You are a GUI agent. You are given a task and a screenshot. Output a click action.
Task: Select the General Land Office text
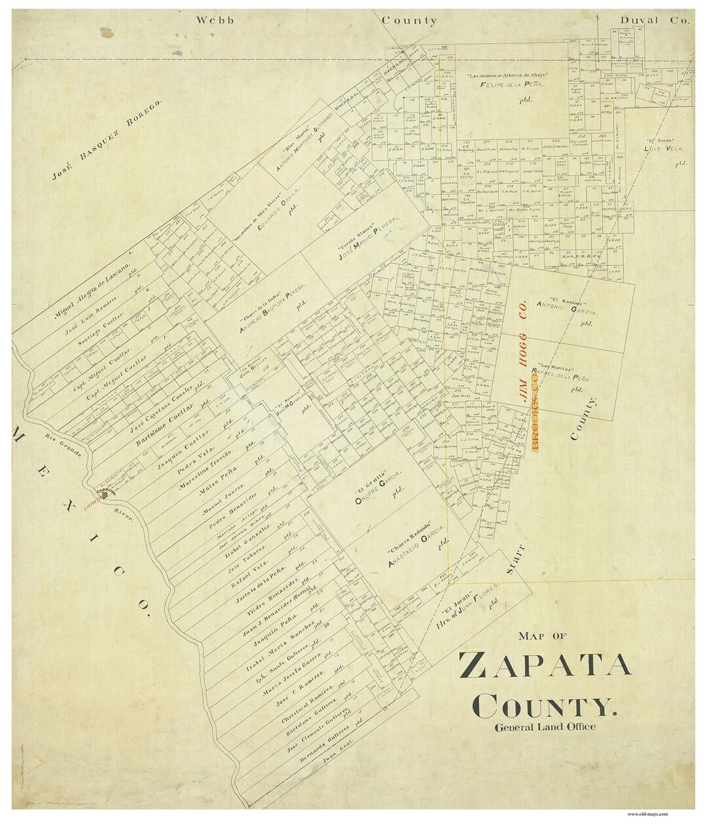click(x=545, y=727)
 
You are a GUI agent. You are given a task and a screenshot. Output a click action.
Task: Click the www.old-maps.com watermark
click(x=647, y=814)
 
